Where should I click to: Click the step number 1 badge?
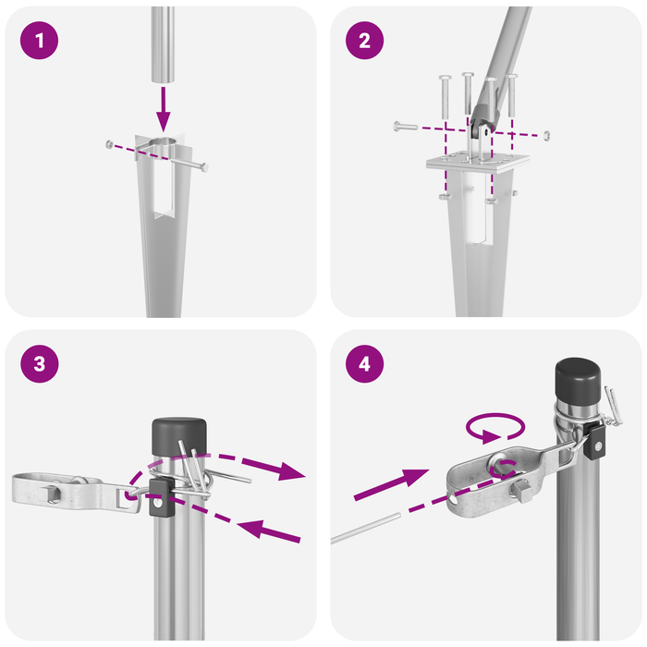[38, 41]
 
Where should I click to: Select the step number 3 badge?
[38, 364]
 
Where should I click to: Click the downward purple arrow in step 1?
[163, 108]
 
